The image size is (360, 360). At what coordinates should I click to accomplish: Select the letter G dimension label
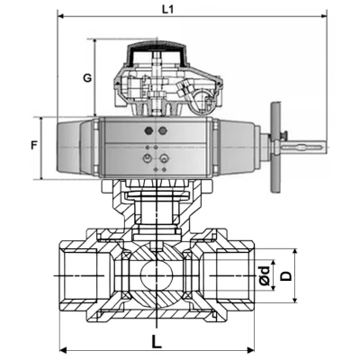pyautogui.click(x=86, y=78)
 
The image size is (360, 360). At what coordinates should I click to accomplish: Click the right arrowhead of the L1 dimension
pyautogui.click(x=321, y=16)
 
